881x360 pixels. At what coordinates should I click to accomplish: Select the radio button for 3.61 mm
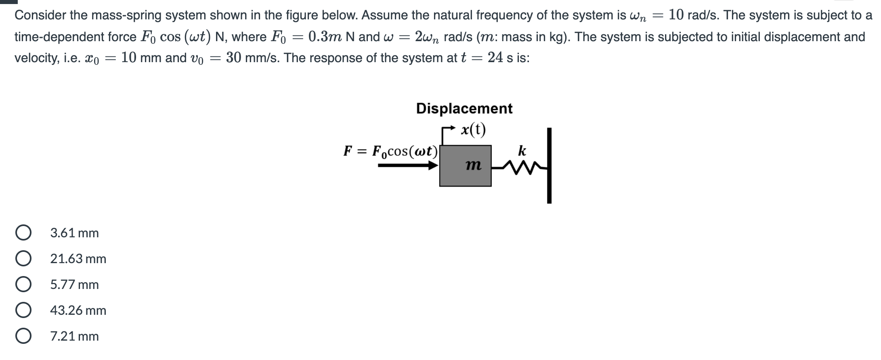coord(23,233)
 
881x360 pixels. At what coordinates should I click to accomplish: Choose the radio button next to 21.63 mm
coord(23,259)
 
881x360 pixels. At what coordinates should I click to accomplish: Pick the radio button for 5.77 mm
coord(23,285)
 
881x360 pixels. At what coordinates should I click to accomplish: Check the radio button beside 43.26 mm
coord(23,310)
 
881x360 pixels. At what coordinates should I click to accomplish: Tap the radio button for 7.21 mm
coord(23,336)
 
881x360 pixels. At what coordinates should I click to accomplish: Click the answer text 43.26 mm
coord(78,310)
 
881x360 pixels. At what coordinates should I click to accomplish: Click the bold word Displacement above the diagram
coord(464,108)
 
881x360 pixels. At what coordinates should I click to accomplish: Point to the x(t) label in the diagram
coord(473,129)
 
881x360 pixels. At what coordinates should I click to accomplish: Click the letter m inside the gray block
coord(473,165)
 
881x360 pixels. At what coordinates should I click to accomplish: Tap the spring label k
coord(522,151)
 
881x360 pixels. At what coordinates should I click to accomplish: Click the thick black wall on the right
coord(549,165)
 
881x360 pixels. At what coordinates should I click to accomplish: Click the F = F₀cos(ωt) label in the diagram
coord(390,151)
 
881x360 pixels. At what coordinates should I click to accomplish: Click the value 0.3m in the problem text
coord(325,37)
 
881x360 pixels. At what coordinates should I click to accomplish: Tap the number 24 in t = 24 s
coord(496,58)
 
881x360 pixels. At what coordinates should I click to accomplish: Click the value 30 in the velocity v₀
coord(233,58)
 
